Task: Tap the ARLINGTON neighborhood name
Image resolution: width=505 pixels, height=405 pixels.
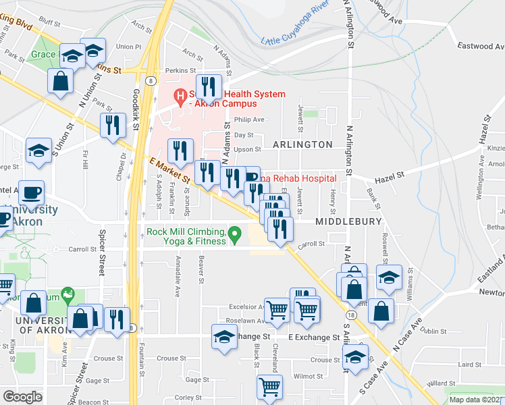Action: [x=302, y=144]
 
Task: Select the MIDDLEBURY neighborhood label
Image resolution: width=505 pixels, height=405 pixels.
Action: [x=347, y=221]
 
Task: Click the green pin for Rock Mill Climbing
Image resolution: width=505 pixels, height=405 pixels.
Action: [x=235, y=236]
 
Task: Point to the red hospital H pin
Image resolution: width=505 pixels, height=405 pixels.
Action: [x=180, y=97]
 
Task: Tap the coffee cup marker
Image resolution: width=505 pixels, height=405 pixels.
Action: [x=32, y=194]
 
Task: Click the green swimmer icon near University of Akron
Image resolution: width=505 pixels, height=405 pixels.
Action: [x=67, y=294]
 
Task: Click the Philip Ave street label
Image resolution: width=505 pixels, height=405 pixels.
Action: [x=249, y=119]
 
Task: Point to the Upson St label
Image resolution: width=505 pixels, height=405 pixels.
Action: [x=247, y=149]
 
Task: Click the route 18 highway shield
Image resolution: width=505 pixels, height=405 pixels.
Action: [x=348, y=315]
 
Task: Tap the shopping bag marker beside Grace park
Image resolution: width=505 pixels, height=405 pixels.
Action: [x=61, y=80]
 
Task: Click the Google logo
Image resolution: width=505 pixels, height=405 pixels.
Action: [x=22, y=397]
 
